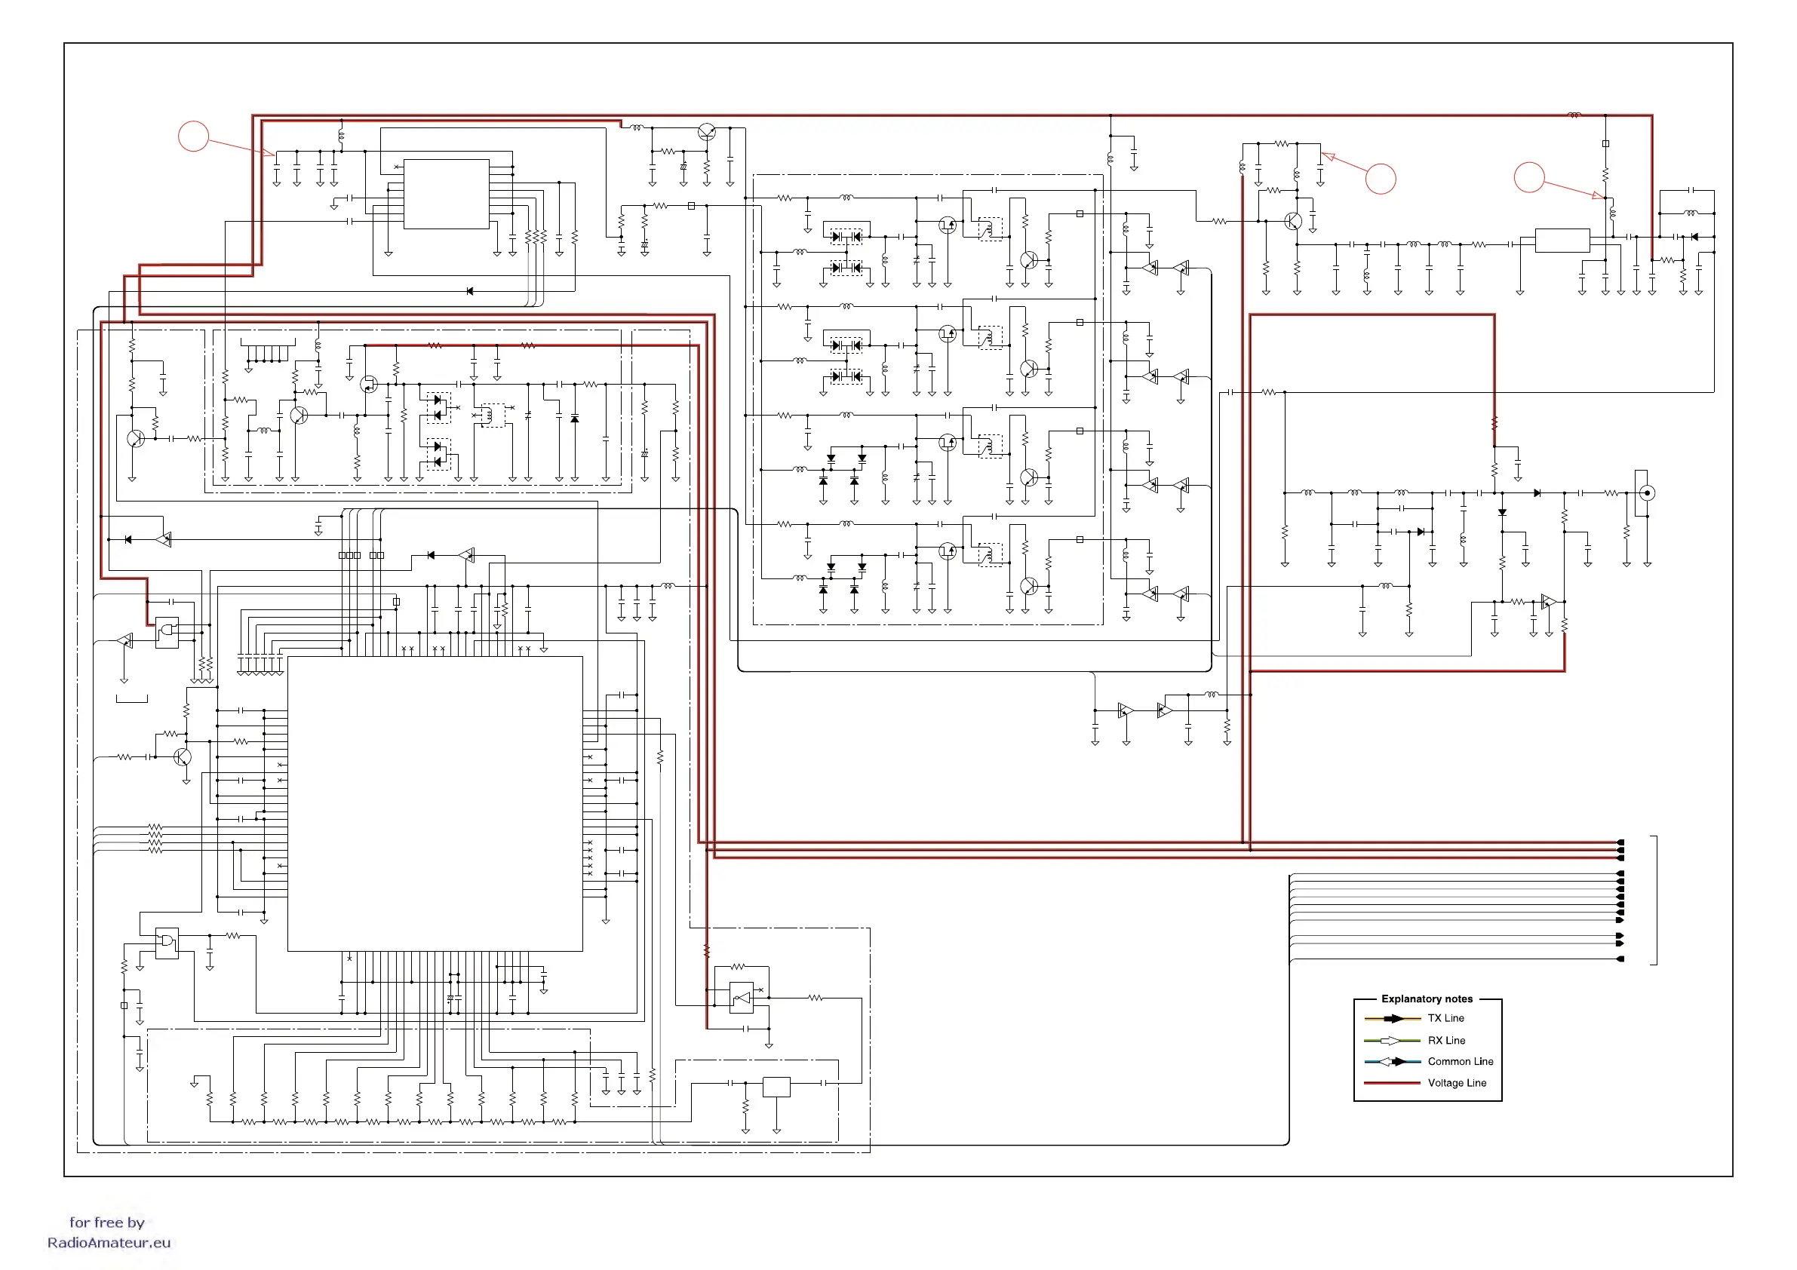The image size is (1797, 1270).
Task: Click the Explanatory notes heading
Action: click(x=1426, y=999)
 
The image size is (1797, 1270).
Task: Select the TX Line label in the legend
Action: click(x=1445, y=1018)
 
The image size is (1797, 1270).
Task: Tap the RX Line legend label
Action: click(x=1445, y=1040)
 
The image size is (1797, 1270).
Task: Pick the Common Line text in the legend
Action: click(x=1460, y=1061)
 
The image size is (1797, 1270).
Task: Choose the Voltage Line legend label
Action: click(x=1457, y=1083)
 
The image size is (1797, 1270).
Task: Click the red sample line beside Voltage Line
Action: click(x=1392, y=1083)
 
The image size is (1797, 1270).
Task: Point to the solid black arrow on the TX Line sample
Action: click(x=1394, y=1019)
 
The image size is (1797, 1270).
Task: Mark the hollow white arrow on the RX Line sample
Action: click(x=1390, y=1041)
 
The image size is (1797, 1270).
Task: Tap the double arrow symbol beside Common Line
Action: click(x=1393, y=1062)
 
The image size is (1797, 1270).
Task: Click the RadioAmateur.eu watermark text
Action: click(x=109, y=1243)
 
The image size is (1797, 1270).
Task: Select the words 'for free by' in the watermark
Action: click(x=107, y=1222)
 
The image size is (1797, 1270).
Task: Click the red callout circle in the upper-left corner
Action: click(x=193, y=136)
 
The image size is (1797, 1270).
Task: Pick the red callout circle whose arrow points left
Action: click(x=1381, y=179)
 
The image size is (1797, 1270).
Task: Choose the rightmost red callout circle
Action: click(x=1528, y=176)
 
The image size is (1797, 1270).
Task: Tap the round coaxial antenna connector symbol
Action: click(x=1647, y=493)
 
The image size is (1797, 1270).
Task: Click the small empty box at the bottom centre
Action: click(x=776, y=1087)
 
